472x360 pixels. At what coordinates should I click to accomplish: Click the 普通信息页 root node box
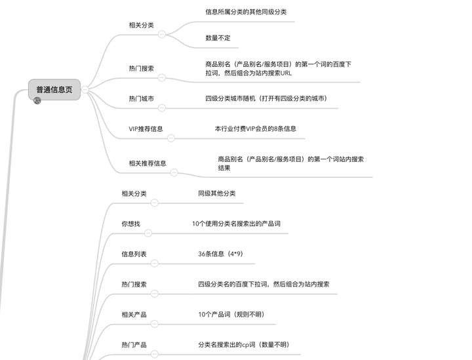[x=54, y=89]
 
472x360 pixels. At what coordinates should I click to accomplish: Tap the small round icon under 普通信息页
[x=37, y=100]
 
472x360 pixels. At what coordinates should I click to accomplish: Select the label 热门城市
[x=141, y=98]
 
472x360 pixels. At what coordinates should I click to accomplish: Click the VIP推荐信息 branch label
[x=146, y=129]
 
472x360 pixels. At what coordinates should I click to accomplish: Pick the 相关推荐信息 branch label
[x=147, y=163]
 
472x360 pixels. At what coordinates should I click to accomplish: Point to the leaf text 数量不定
[x=218, y=38]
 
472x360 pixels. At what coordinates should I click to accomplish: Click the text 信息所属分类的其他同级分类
[x=246, y=12]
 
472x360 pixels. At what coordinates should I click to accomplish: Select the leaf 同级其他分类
[x=216, y=193]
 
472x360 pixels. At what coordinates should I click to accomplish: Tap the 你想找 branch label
[x=130, y=224]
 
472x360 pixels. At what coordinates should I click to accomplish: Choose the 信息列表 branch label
[x=134, y=254]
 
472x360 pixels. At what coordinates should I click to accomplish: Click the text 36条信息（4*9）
[x=220, y=254]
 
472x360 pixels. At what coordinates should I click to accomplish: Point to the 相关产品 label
[x=134, y=315]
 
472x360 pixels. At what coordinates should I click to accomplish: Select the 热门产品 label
[x=134, y=345]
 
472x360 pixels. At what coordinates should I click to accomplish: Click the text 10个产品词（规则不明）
[x=231, y=315]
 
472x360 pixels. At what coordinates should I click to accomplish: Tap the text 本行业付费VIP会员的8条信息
[x=255, y=129]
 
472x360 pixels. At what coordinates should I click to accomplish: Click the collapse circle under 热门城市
[x=162, y=108]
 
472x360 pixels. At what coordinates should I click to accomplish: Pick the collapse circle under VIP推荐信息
[x=170, y=138]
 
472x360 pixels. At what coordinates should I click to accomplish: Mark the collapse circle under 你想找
[x=147, y=233]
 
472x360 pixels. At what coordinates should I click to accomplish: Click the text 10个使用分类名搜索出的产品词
[x=236, y=224]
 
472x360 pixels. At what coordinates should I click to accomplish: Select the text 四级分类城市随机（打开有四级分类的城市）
[x=266, y=98]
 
